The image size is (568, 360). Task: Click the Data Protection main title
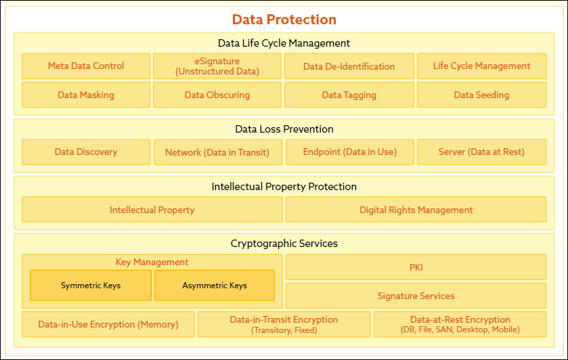[x=284, y=20]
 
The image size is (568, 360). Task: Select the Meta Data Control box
[x=86, y=66]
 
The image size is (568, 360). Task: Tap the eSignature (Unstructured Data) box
[x=217, y=66]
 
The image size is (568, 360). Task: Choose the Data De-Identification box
[x=349, y=66]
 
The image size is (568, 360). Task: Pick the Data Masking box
[x=86, y=95]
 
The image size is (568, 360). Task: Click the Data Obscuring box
[x=217, y=95]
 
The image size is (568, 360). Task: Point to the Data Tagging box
[x=349, y=95]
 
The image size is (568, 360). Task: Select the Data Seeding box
[x=482, y=95]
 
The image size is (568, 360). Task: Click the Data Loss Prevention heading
[x=284, y=129]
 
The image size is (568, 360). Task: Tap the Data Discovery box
[x=86, y=152]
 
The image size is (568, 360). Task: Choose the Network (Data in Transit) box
[x=218, y=152]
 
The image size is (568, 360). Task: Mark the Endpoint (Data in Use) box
[x=350, y=152]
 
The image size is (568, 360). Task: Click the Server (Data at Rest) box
[x=482, y=152]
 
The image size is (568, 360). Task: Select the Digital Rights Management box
[x=416, y=209]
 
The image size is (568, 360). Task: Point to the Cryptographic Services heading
[x=284, y=244]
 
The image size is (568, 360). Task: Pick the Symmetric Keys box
[x=91, y=286]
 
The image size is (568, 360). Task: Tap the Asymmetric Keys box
[x=215, y=286]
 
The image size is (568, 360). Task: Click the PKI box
[x=416, y=267]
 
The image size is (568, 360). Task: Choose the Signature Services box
[x=416, y=296]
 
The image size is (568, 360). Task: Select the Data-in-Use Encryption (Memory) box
[x=108, y=325]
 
